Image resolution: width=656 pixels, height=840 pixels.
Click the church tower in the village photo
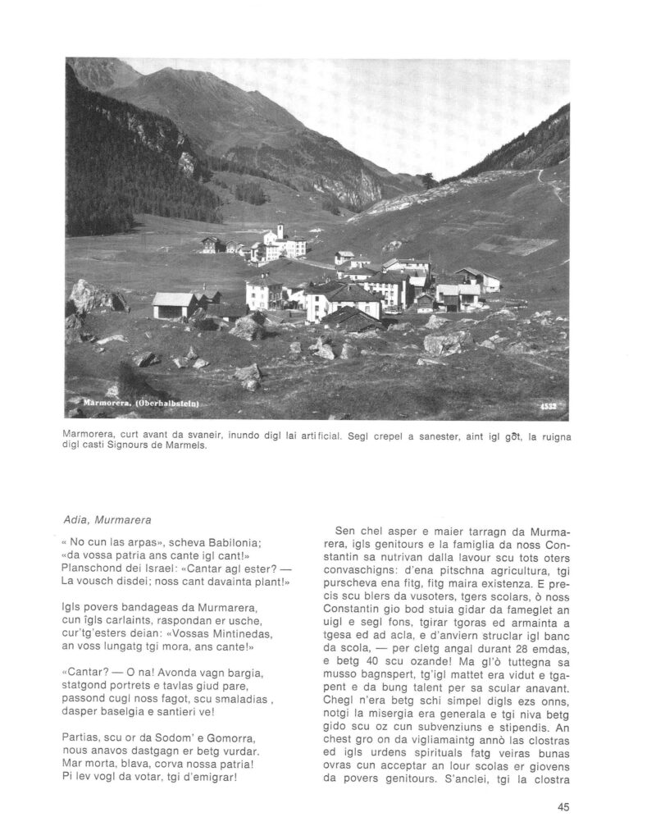pyautogui.click(x=280, y=231)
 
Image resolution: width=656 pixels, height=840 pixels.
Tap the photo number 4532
pyautogui.click(x=550, y=406)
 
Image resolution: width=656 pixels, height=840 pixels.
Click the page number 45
pyautogui.click(x=563, y=806)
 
